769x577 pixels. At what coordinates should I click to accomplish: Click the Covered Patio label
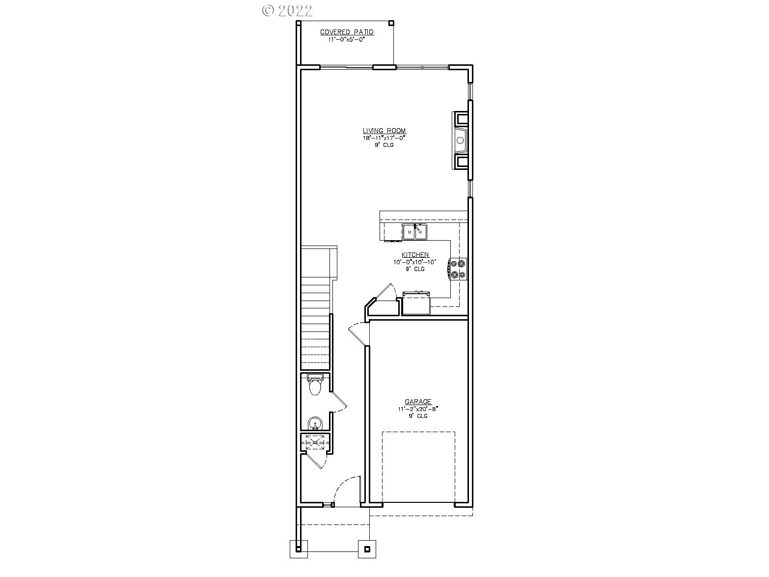pyautogui.click(x=347, y=32)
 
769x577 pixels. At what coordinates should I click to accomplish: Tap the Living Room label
pyautogui.click(x=384, y=131)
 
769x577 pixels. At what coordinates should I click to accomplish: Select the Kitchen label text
pyautogui.click(x=415, y=255)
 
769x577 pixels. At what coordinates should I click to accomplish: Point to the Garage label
pyautogui.click(x=418, y=402)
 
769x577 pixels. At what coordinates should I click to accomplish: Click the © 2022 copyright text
pyautogui.click(x=288, y=10)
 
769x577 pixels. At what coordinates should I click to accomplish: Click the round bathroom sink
pyautogui.click(x=314, y=423)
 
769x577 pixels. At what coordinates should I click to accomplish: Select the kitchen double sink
pyautogui.click(x=415, y=231)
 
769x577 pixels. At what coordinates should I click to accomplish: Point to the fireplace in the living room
pyautogui.click(x=461, y=140)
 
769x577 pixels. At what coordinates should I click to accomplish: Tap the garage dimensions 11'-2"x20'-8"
pyautogui.click(x=418, y=409)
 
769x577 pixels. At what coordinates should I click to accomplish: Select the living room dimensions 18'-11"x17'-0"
pyautogui.click(x=384, y=138)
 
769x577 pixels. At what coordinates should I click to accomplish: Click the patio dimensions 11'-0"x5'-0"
pyautogui.click(x=347, y=39)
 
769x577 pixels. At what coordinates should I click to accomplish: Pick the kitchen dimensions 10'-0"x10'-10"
pyautogui.click(x=415, y=262)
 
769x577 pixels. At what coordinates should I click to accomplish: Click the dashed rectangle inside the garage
pyautogui.click(x=418, y=467)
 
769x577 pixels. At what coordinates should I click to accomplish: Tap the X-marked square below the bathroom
pyautogui.click(x=315, y=442)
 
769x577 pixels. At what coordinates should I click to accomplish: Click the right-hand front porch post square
pyautogui.click(x=367, y=549)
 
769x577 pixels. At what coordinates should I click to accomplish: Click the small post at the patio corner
pyautogui.click(x=391, y=23)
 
